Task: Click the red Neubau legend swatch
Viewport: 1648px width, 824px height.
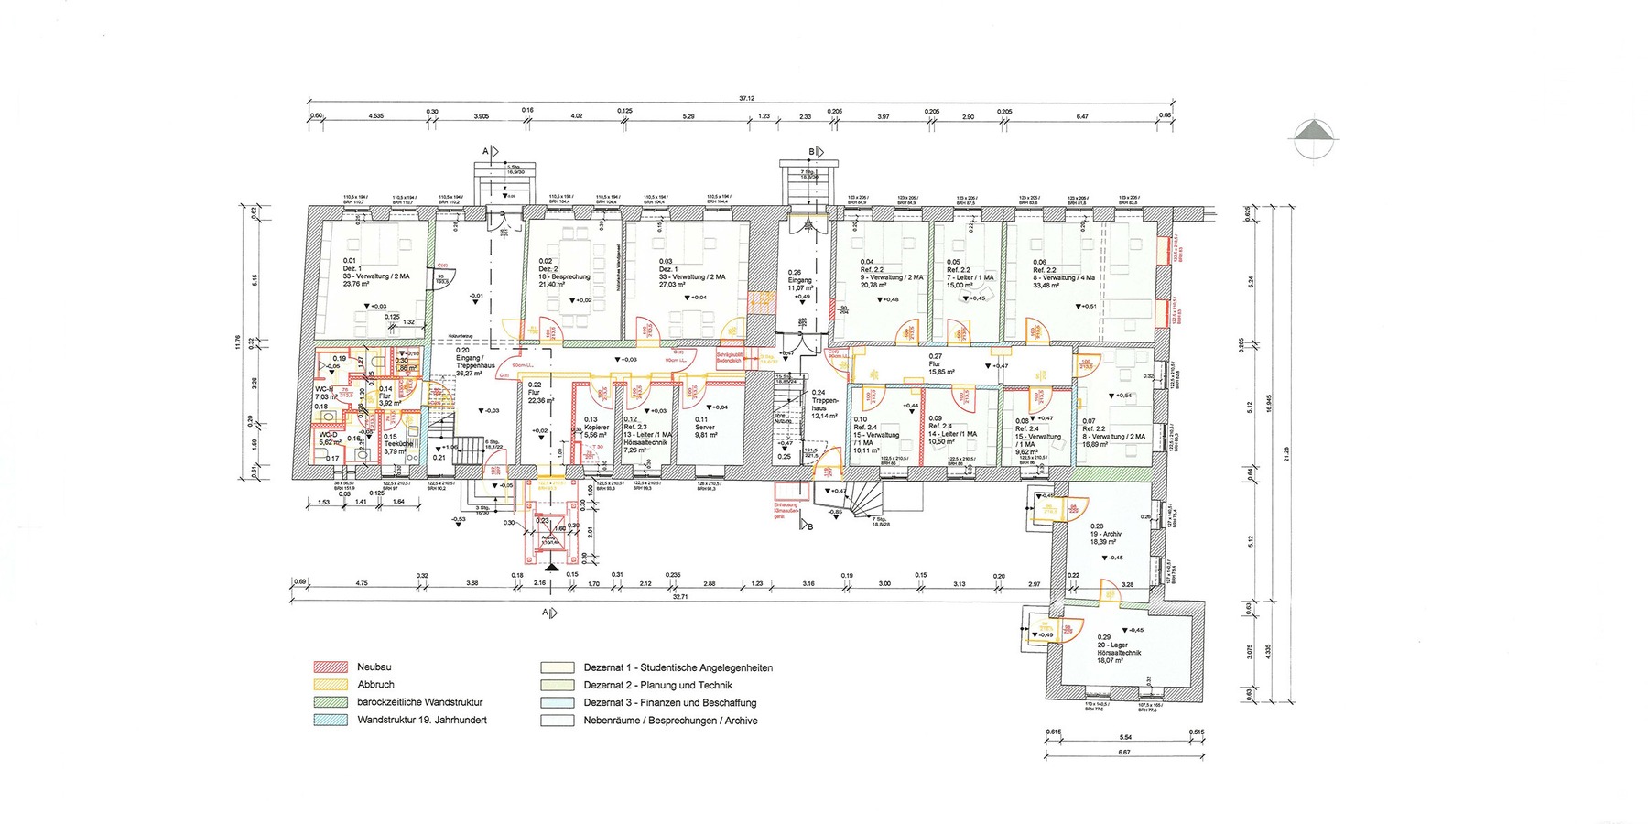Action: tap(331, 667)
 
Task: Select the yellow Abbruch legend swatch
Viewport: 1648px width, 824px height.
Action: tap(331, 685)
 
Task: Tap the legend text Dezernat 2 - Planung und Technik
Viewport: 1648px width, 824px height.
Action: tap(657, 685)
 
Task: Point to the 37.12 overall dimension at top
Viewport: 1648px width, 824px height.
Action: tap(746, 98)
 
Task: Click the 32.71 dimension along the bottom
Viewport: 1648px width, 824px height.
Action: tap(679, 596)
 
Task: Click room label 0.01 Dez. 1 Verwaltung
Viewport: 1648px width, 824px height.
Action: tap(364, 272)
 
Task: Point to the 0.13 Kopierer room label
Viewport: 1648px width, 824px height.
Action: tap(595, 428)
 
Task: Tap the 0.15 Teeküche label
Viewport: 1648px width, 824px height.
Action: tap(396, 443)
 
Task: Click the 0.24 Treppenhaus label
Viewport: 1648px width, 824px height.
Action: tap(824, 404)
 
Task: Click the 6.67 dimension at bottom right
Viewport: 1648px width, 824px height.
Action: tap(1124, 753)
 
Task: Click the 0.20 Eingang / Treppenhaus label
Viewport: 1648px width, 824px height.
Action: tap(475, 362)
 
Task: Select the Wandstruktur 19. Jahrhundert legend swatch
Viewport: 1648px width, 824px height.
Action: tap(331, 721)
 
